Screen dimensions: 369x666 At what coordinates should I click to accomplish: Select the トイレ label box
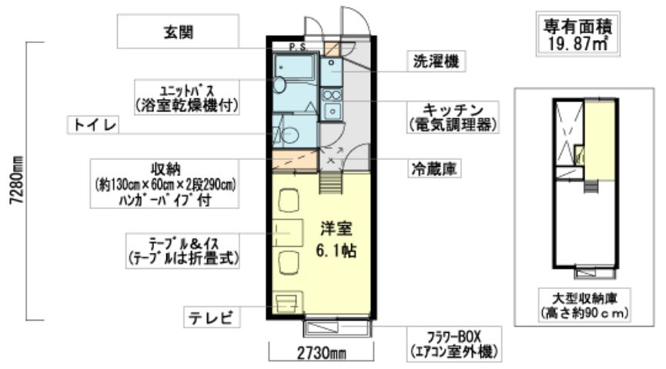[95, 125]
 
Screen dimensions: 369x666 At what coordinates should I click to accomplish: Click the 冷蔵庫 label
[434, 168]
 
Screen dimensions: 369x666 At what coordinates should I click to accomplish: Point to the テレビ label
[211, 316]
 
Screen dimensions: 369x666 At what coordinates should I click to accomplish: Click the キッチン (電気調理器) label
[450, 115]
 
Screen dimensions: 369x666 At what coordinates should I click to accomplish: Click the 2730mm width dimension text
[320, 354]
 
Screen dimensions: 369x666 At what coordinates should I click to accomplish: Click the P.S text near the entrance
[297, 48]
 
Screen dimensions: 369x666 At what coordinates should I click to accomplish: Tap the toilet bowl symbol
[289, 135]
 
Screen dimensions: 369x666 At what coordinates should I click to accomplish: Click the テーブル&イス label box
[185, 250]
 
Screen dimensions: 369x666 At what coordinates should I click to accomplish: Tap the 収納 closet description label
[166, 184]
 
